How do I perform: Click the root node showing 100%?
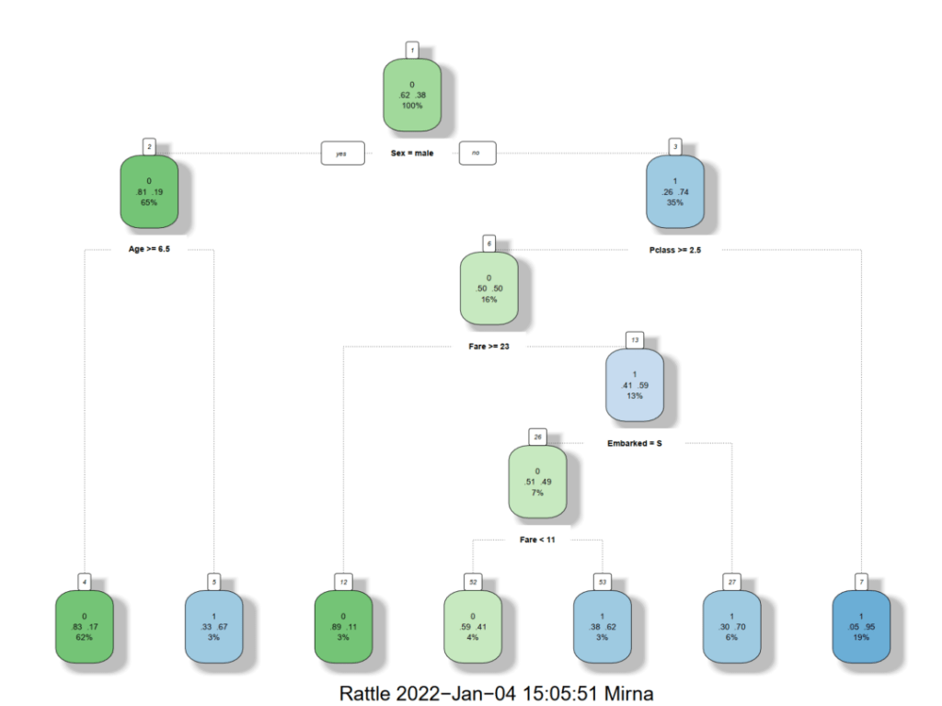pyautogui.click(x=412, y=96)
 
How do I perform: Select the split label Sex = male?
pyautogui.click(x=411, y=153)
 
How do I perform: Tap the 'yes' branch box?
pyautogui.click(x=342, y=153)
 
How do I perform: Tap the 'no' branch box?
pyautogui.click(x=477, y=153)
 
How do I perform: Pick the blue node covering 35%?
pyautogui.click(x=675, y=191)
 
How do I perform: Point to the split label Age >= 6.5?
pyautogui.click(x=149, y=249)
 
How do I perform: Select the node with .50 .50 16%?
pyautogui.click(x=488, y=289)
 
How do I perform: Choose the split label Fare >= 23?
pyautogui.click(x=488, y=347)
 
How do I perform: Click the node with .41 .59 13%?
pyautogui.click(x=635, y=385)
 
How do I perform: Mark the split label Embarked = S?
pyautogui.click(x=635, y=443)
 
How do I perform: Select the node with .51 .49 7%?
pyautogui.click(x=538, y=482)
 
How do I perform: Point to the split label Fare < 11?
pyautogui.click(x=538, y=540)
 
